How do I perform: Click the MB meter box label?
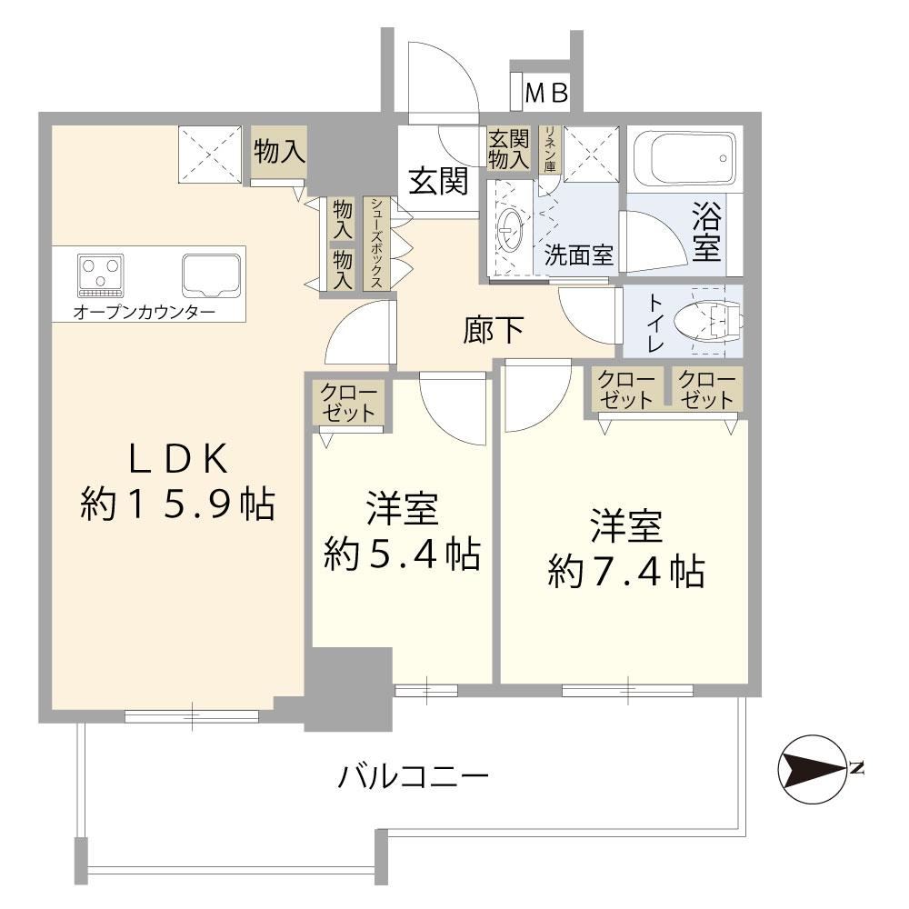tap(546, 93)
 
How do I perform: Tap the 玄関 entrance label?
tap(439, 181)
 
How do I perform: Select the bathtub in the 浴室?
tap(684, 158)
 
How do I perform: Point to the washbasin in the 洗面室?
tap(511, 230)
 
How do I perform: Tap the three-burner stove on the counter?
tap(100, 275)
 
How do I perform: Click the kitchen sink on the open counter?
tap(212, 275)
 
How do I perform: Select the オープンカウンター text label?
tap(145, 313)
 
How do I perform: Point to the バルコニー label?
tap(414, 776)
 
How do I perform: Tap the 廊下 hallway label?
tap(494, 330)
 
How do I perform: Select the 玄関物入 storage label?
tap(508, 150)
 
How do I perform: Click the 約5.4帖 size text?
tap(402, 554)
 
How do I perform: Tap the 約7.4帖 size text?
tap(626, 571)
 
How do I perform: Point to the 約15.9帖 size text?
tap(177, 504)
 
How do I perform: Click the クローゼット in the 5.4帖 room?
tap(348, 404)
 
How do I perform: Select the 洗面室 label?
tap(578, 255)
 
